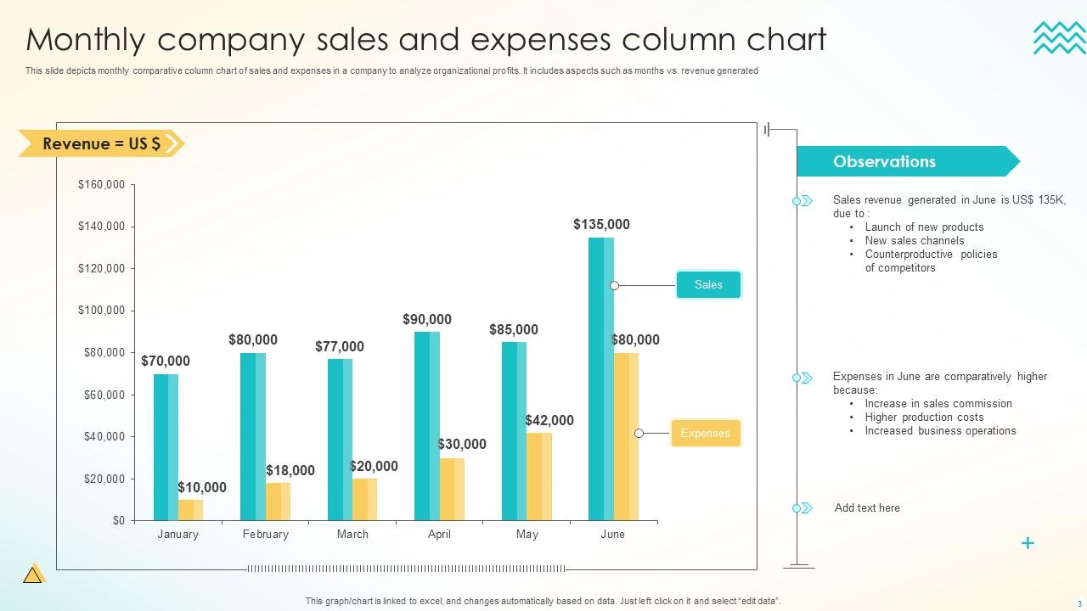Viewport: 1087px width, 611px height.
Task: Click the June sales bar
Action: [x=600, y=378]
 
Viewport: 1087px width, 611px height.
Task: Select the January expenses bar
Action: [x=190, y=510]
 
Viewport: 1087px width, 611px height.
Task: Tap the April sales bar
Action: [x=426, y=425]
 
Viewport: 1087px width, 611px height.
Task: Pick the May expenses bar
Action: [x=538, y=476]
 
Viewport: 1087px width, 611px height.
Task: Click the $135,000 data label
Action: [x=601, y=225]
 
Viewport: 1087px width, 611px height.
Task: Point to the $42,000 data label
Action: [x=549, y=420]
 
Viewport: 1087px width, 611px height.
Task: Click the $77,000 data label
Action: [x=340, y=346]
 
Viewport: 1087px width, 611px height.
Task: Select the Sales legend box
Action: [x=708, y=285]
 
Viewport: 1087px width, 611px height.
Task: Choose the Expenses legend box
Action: [x=706, y=433]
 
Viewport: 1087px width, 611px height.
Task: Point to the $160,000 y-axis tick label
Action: [x=102, y=184]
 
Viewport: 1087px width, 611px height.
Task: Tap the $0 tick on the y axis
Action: [x=119, y=520]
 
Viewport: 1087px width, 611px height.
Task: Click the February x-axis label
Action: [x=265, y=535]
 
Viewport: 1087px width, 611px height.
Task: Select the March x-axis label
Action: [x=352, y=535]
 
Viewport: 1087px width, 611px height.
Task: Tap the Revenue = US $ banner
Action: [x=101, y=143]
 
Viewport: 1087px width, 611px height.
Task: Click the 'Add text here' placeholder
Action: [x=867, y=508]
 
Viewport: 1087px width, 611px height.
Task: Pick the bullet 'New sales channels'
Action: [x=915, y=241]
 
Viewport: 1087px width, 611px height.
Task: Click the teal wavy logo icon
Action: [x=1059, y=38]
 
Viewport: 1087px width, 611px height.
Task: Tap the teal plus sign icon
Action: [x=1028, y=543]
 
